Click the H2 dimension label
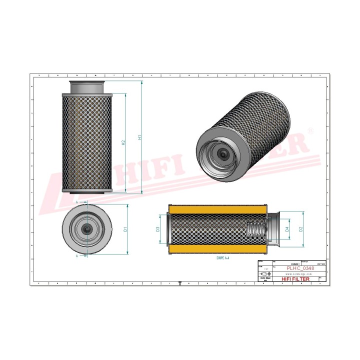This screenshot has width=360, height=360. tap(124, 142)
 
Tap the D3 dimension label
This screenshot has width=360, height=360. tap(157, 229)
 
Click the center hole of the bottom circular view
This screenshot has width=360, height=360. tap(88, 228)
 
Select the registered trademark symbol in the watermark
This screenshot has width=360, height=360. tap(311, 131)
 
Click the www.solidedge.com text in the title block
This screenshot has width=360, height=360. tap(299, 274)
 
